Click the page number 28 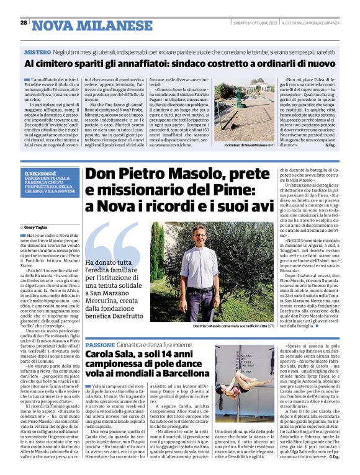[24, 22]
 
